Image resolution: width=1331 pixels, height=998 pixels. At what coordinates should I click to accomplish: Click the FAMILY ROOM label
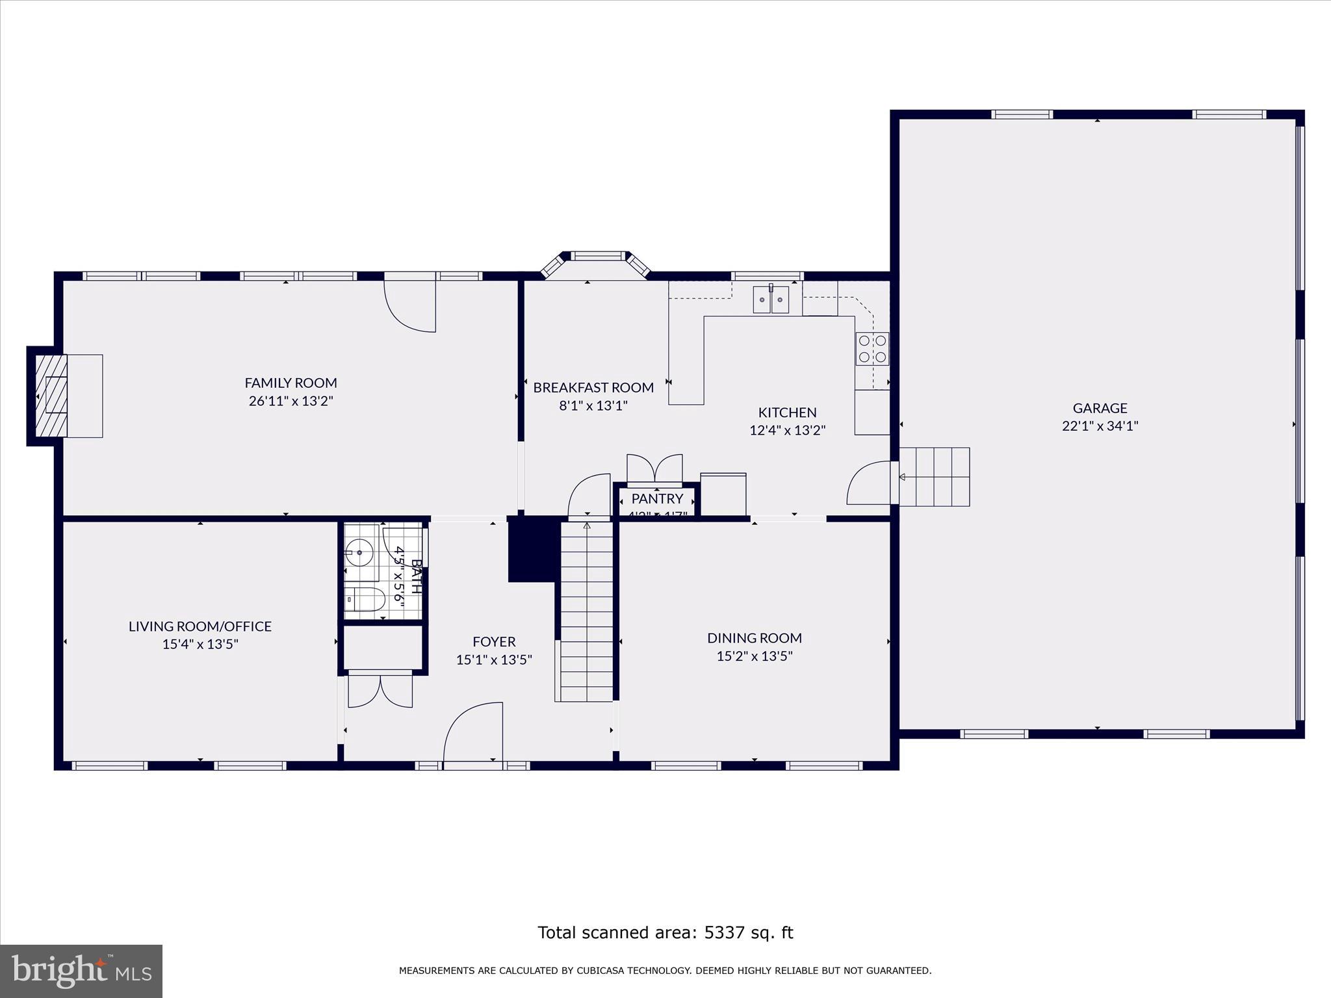(291, 383)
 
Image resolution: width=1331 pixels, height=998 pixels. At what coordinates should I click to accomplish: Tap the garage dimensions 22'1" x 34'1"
(1100, 426)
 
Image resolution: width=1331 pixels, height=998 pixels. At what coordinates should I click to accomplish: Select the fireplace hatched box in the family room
(51, 396)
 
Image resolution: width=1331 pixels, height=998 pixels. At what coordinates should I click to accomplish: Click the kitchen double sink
(771, 300)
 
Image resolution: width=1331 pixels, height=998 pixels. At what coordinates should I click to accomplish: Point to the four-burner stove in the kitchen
(872, 348)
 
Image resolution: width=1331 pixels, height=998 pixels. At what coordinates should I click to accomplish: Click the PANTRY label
(657, 498)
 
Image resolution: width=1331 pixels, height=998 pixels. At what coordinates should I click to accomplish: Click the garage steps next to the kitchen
(935, 476)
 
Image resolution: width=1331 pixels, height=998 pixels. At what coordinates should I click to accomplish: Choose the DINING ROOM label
(754, 638)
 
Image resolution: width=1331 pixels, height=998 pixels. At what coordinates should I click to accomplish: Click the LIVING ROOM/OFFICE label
(200, 626)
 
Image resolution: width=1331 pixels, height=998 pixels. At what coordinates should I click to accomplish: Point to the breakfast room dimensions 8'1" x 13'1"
(593, 406)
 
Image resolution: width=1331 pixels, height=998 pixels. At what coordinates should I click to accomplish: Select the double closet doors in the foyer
(380, 691)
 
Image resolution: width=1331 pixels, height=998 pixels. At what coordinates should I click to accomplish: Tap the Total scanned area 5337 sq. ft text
(665, 932)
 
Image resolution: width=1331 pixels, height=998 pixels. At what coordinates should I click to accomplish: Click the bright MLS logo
(81, 971)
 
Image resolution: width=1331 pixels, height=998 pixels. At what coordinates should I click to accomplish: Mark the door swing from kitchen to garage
(869, 483)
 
